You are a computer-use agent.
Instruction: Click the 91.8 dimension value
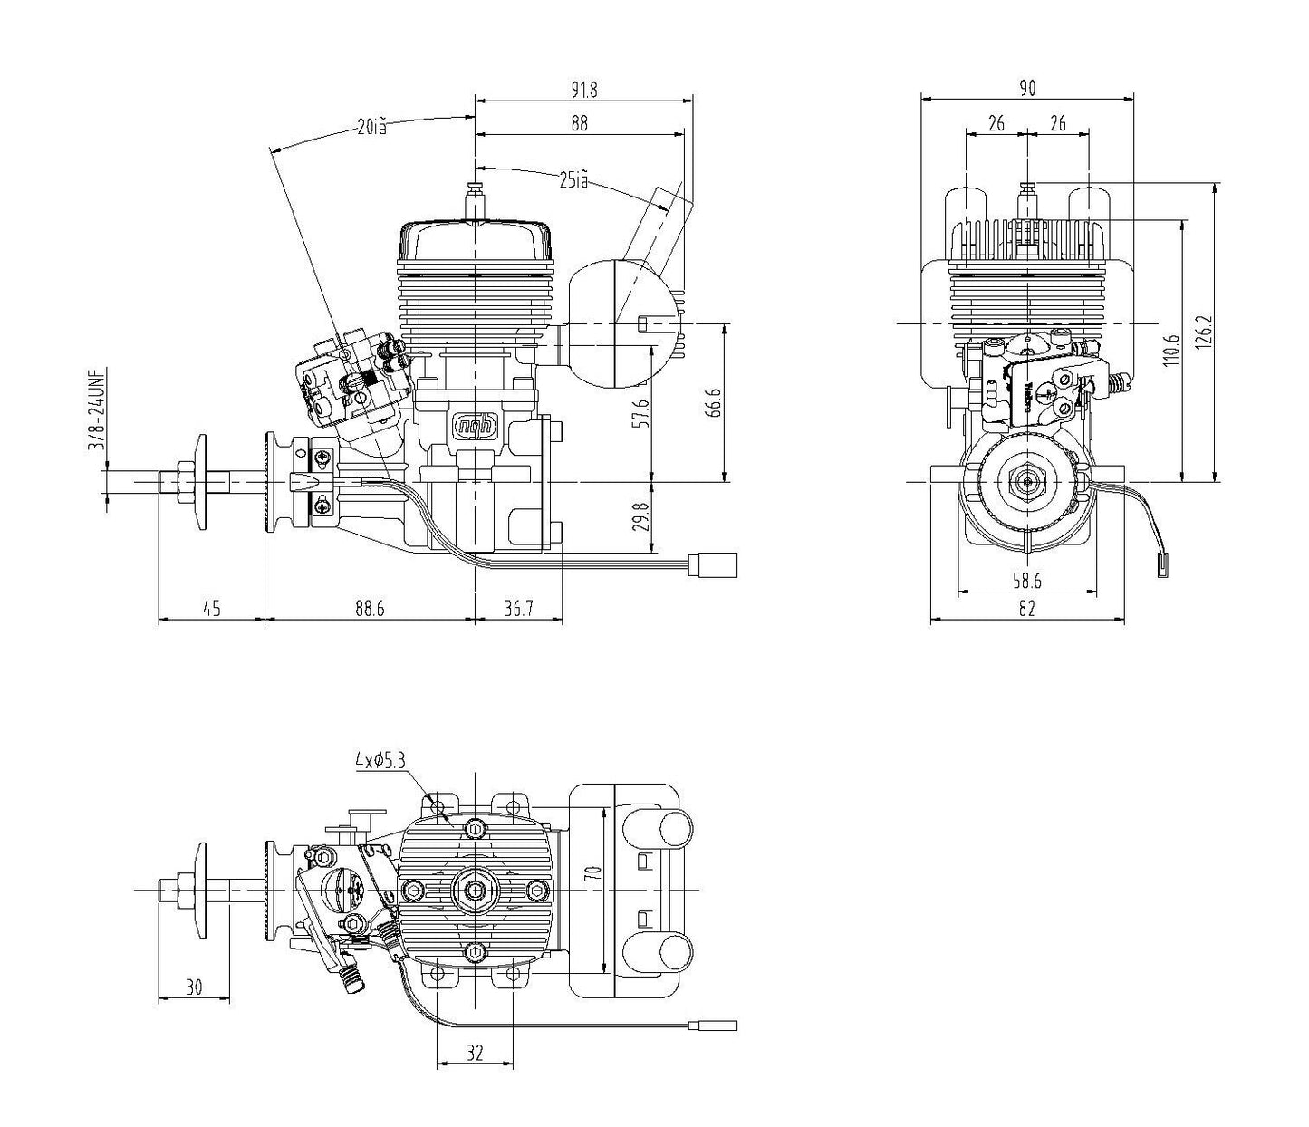click(584, 89)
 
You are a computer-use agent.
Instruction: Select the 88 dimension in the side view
click(580, 125)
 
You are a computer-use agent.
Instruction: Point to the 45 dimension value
click(211, 609)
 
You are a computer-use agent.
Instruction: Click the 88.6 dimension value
click(370, 609)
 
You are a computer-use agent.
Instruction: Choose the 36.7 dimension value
click(518, 609)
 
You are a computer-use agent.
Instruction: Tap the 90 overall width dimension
click(1027, 88)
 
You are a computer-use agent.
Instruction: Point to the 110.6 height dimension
click(1172, 350)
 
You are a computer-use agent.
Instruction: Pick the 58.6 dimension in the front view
click(1026, 580)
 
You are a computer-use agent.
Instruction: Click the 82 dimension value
click(1026, 610)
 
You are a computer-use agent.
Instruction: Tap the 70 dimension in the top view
click(593, 873)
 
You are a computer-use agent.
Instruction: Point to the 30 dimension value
click(194, 987)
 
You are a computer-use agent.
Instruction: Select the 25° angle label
click(573, 181)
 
